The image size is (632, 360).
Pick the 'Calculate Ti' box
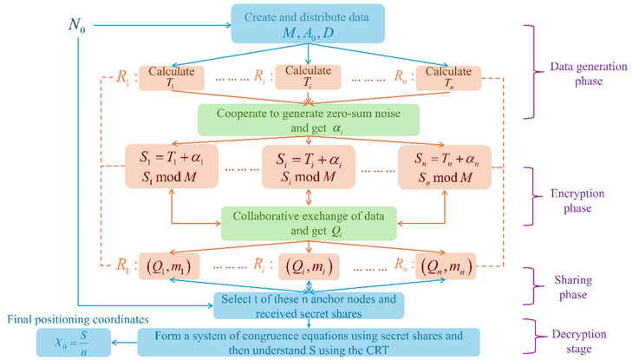tap(306, 77)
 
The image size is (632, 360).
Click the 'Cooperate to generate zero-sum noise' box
tap(309, 120)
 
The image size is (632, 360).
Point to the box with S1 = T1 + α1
tap(177, 167)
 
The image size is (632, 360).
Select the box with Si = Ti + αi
tap(309, 167)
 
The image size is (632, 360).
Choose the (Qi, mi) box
tap(309, 264)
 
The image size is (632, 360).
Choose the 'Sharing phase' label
tap(577, 280)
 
